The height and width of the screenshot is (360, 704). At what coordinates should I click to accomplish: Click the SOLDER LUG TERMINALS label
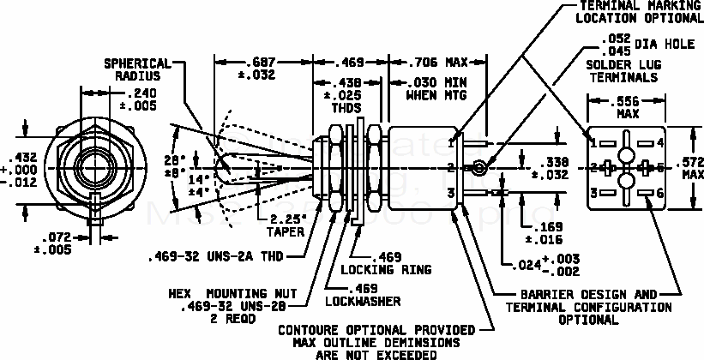point(623,70)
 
